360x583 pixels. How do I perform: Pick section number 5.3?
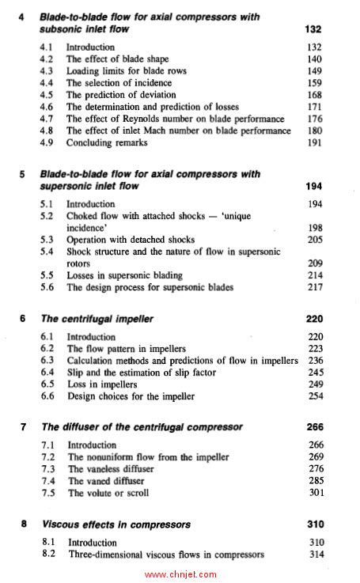tap(47, 240)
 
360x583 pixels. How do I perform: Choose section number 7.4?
tap(48, 481)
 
